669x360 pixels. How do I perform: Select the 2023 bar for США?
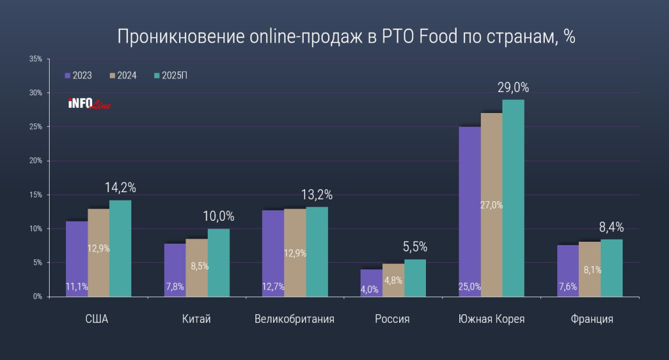pos(76,259)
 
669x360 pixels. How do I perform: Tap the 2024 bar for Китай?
pos(197,268)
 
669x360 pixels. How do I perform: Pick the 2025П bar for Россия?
pos(415,278)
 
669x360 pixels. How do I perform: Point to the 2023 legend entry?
pos(78,76)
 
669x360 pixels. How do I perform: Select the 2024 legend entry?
pos(123,76)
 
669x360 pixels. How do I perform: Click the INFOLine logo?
pos(89,103)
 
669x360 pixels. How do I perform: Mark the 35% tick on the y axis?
pos(36,59)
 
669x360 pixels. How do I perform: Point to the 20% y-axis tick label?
pos(36,161)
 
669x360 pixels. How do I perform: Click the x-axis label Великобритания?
pos(295,319)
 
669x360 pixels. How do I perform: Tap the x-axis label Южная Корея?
pos(492,319)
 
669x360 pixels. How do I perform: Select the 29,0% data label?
pos(514,87)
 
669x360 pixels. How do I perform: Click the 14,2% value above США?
pos(120,188)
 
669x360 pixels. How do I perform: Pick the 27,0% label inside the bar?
pos(491,205)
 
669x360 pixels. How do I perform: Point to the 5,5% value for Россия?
pos(415,247)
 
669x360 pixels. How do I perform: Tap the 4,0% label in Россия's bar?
pos(369,289)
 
